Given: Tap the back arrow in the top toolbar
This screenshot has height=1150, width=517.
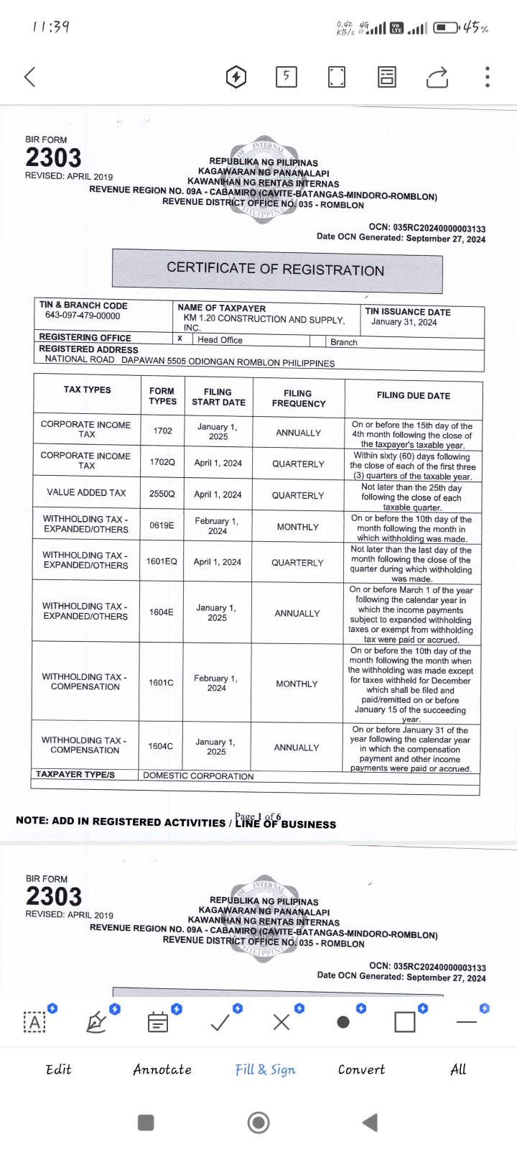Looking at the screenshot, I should coord(29,77).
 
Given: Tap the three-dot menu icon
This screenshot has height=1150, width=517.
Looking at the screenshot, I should coord(488,77).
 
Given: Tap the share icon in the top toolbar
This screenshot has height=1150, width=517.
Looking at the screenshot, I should coord(437,77).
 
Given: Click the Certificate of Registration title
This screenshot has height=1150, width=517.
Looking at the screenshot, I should coord(276,269).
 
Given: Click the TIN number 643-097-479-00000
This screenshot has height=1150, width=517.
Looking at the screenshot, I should coord(83,316).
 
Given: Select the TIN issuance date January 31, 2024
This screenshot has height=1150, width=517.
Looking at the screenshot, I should coord(404,322).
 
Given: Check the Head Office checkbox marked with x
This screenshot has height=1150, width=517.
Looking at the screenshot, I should coord(180,339).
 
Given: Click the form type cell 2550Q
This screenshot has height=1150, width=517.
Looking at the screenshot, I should coord(162,494).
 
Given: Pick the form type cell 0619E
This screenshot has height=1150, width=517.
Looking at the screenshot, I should coord(162,525).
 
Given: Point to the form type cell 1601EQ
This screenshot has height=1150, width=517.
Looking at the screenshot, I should coord(162,561).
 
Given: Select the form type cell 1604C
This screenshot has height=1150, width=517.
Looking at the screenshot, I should coord(161,746).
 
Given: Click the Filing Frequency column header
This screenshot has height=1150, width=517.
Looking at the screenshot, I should coord(298,398).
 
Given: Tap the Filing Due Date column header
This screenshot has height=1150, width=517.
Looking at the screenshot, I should coord(414,395).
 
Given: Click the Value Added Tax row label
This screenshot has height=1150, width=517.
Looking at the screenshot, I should coord(86,493).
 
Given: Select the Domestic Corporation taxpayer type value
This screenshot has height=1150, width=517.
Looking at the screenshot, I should coord(198,776).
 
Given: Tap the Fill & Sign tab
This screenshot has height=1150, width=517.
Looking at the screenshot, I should coord(265,1069).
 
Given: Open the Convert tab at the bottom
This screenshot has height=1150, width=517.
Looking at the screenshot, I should coord(361,1069).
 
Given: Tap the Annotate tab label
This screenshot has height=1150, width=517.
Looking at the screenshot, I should coord(162,1069).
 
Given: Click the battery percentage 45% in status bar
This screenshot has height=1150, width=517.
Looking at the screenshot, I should coord(475,28).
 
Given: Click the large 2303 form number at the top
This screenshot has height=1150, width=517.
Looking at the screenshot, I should coord(53,157).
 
